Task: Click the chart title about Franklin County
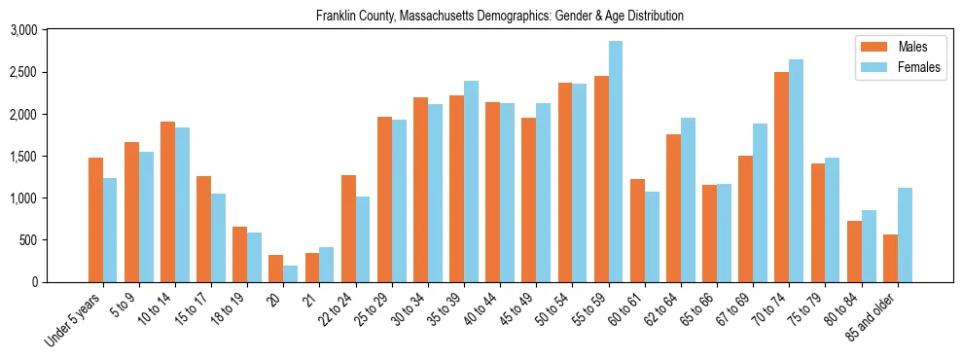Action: pos(500,16)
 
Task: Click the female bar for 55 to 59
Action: pos(616,162)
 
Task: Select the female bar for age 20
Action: pos(291,273)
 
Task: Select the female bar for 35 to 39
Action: pos(471,181)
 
